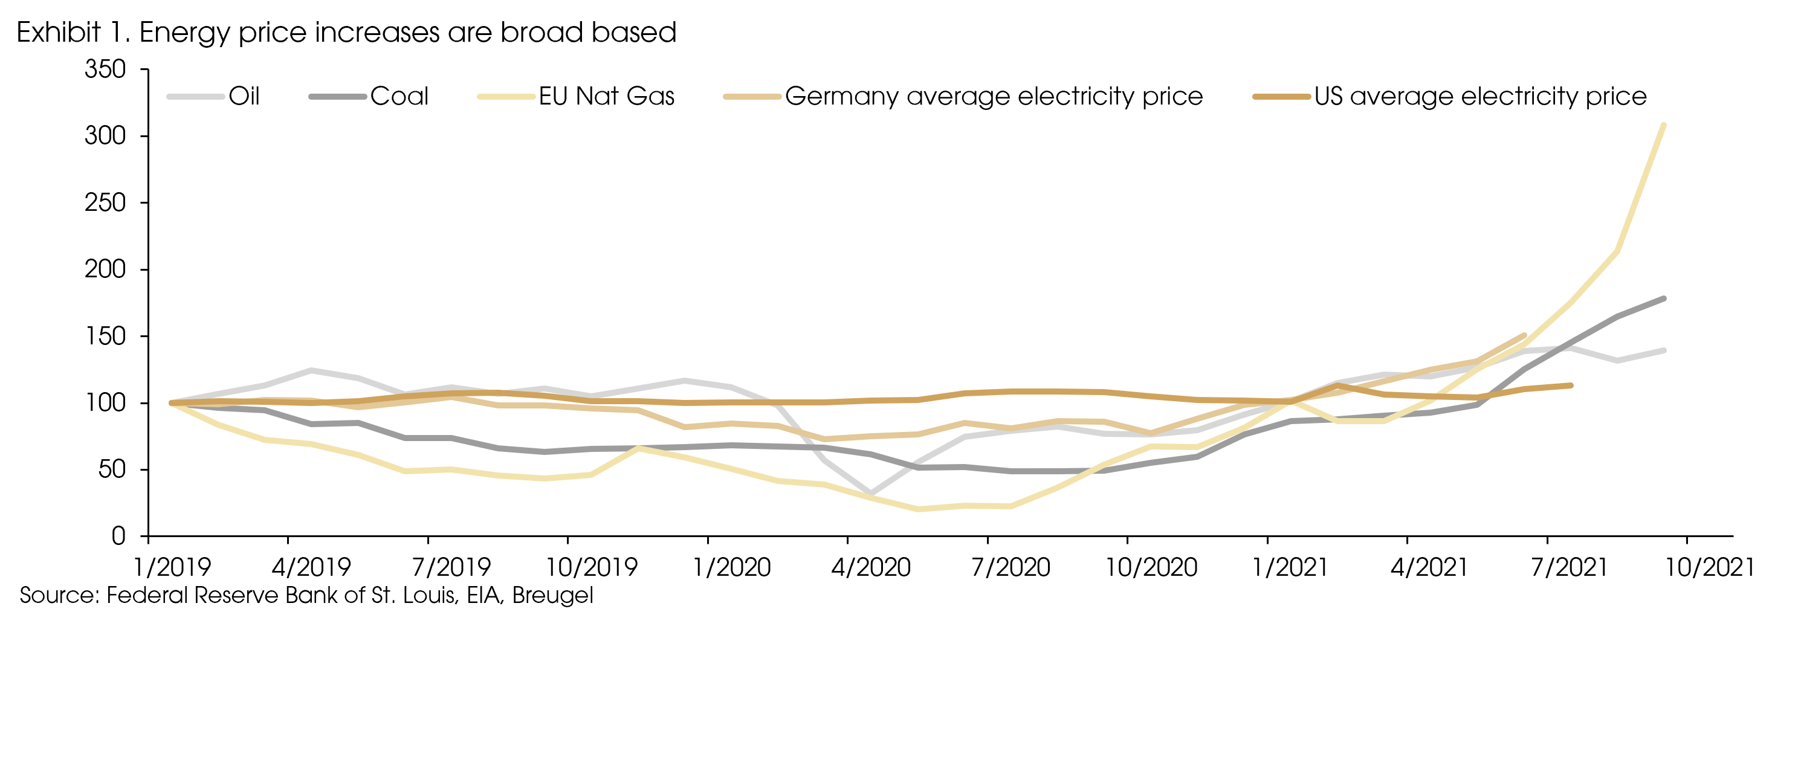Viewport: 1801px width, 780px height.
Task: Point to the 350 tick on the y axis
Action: pyautogui.click(x=105, y=69)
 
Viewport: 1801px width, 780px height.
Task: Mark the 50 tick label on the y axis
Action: pyautogui.click(x=112, y=469)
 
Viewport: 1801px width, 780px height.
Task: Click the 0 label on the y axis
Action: pyautogui.click(x=118, y=536)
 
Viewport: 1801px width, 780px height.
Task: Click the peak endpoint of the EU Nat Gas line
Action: pyautogui.click(x=1663, y=126)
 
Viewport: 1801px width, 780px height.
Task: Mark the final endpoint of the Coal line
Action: pyautogui.click(x=1663, y=299)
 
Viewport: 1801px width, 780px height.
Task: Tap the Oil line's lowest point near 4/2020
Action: pyautogui.click(x=870, y=494)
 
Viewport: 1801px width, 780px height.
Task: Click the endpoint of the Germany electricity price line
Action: pyautogui.click(x=1524, y=335)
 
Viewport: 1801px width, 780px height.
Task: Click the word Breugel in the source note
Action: pyautogui.click(x=552, y=596)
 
